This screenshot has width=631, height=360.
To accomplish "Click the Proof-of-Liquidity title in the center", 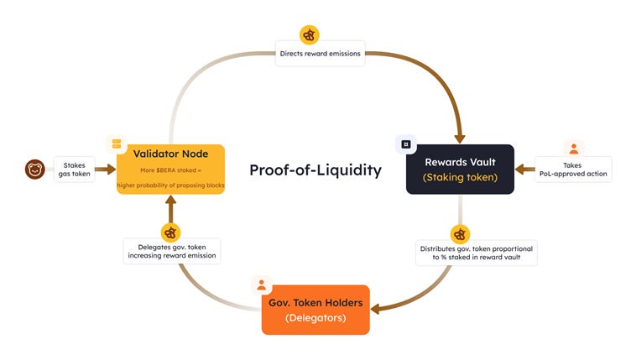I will [x=315, y=170].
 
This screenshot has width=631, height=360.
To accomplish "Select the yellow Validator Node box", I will [x=170, y=169].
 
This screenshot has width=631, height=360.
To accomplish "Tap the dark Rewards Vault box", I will [x=459, y=169].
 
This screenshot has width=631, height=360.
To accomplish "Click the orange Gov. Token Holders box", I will [x=315, y=310].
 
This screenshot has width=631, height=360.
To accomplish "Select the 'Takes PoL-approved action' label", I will [x=573, y=170].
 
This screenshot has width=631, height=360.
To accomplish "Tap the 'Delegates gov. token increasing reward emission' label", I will [x=170, y=251].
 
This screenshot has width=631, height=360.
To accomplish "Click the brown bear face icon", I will [x=35, y=170].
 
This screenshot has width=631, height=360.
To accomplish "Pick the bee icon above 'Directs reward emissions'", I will [x=310, y=35].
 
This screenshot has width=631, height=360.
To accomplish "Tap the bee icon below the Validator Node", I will [x=170, y=232].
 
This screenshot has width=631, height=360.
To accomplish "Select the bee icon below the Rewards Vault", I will [x=459, y=233].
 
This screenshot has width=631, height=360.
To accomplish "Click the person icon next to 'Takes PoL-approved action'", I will [x=573, y=149].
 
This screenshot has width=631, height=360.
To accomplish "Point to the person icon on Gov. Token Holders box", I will [x=261, y=284].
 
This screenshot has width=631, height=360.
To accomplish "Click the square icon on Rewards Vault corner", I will [x=406, y=143].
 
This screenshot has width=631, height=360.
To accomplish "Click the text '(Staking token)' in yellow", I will [x=459, y=178].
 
